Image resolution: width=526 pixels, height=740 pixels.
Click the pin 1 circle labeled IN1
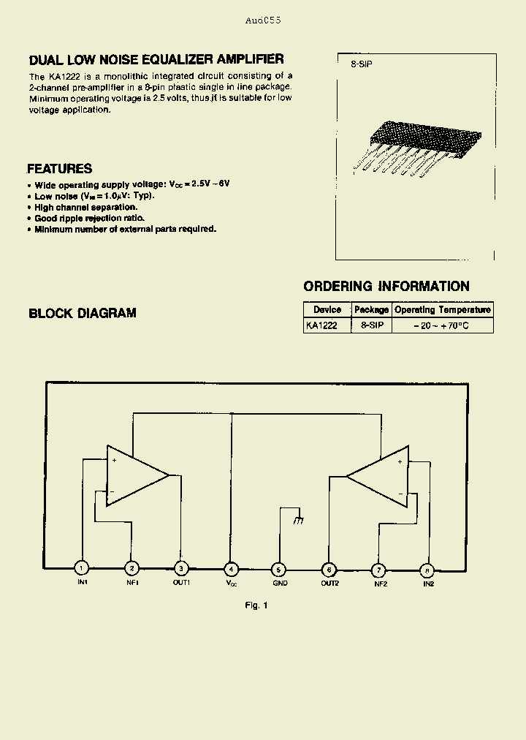coord(83,569)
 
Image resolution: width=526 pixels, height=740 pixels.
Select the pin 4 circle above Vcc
coord(231,569)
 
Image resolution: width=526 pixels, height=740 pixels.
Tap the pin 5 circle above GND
coord(278,569)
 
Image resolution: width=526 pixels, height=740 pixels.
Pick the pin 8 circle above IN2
coord(427,569)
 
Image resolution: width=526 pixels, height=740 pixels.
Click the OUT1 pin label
coord(181,583)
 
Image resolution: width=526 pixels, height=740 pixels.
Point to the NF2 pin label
coord(380,583)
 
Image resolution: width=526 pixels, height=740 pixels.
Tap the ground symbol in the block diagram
coord(297,520)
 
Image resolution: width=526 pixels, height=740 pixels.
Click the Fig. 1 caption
coord(256,605)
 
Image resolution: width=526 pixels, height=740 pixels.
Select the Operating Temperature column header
coord(443,310)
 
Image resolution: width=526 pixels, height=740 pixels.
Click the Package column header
coord(372,310)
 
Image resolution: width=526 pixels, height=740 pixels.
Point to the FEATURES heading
coord(60,168)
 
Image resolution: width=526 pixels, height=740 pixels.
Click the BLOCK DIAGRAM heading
coord(83,314)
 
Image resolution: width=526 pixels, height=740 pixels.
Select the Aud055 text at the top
coord(263,20)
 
